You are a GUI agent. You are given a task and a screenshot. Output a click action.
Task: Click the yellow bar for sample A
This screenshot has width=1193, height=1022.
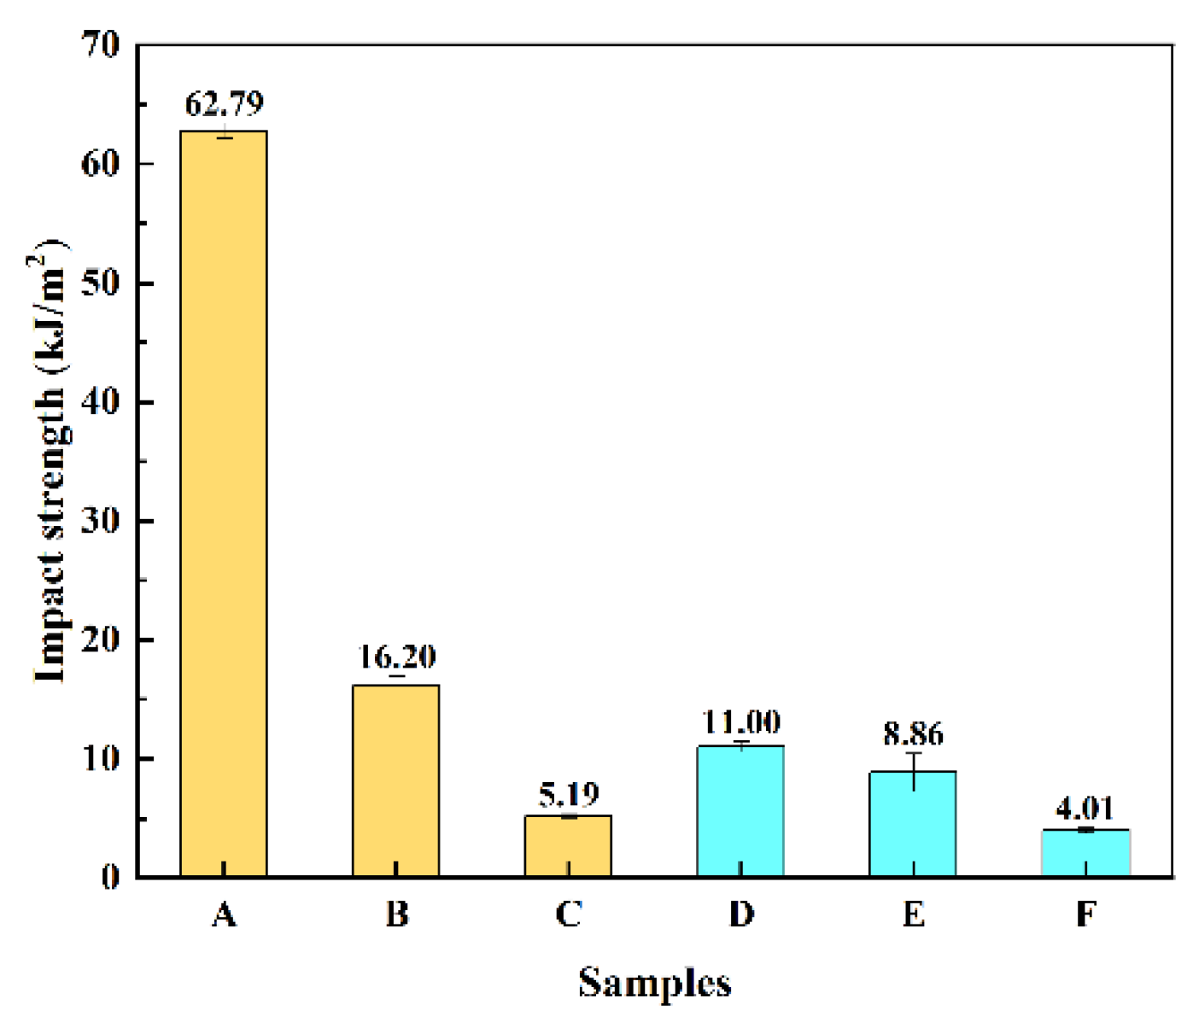coord(224,504)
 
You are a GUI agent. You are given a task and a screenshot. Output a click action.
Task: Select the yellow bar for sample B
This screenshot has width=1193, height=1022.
coord(396,780)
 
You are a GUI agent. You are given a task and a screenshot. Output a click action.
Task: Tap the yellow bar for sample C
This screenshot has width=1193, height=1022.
coord(568,846)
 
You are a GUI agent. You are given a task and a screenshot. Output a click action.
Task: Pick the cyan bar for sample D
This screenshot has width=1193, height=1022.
coord(740,811)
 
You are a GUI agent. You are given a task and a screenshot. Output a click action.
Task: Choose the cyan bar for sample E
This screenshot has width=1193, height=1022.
coord(913,824)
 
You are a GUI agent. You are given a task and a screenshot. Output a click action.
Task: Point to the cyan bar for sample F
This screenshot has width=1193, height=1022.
coord(1085,853)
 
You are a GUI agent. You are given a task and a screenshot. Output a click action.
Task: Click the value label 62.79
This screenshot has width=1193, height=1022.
coord(225,104)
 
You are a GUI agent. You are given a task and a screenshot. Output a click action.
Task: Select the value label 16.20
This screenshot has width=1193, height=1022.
coord(396,657)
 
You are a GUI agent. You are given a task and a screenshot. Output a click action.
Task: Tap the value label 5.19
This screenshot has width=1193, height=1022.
coord(569,795)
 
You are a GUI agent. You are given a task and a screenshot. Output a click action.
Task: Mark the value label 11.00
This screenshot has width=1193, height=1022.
coord(741,722)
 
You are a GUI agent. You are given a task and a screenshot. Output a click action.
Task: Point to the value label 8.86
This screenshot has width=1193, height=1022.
coord(914,734)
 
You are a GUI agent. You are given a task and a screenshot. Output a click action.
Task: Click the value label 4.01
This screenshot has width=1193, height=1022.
coord(1085,808)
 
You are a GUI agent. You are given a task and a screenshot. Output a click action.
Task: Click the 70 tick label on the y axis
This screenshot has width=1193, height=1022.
coord(101,44)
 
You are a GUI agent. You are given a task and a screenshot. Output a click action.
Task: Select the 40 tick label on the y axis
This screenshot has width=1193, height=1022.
coord(101,401)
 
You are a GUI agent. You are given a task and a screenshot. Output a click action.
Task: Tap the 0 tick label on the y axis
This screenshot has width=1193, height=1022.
coord(110,877)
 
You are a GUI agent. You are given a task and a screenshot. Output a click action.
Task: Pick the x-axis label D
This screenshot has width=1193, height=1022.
coord(741,914)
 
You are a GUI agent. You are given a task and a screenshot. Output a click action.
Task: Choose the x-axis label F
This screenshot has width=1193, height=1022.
coord(1085,914)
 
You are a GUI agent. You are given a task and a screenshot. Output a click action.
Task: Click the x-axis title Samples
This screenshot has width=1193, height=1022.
coord(655,983)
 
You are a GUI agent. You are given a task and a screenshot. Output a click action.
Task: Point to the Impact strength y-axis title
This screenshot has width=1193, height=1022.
coord(50,461)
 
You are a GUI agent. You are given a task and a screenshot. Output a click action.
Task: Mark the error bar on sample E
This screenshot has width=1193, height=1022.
coord(914,771)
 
